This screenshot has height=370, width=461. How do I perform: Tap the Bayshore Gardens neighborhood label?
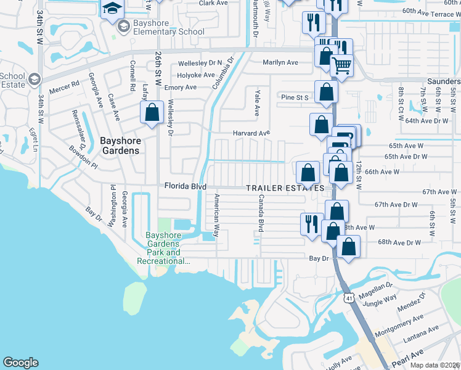tap(120, 146)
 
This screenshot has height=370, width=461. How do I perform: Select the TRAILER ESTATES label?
tap(285, 187)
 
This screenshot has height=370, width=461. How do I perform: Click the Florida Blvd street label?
tap(184, 186)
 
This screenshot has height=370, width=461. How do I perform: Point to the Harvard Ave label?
tap(251, 133)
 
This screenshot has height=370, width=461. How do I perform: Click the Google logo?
tap(20, 363)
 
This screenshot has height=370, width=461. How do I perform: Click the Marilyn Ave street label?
tap(280, 62)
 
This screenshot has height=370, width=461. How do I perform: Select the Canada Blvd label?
tap(261, 213)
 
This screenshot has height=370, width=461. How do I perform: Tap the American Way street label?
tap(216, 215)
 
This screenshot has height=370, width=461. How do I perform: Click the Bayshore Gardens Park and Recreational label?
tap(163, 248)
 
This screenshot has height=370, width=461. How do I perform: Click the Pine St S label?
tap(295, 97)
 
